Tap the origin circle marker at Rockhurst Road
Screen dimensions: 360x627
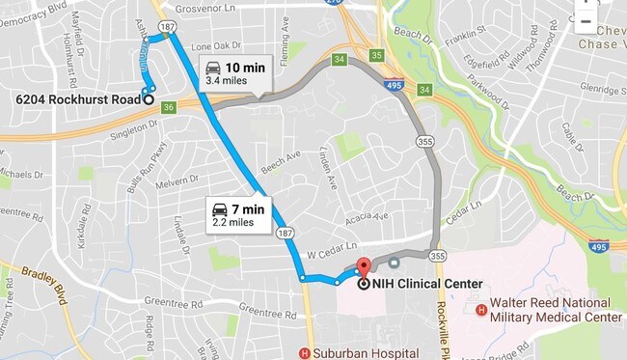pos(149,98)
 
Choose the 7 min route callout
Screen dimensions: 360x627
pos(237,213)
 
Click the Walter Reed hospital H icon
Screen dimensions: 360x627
pos(481,310)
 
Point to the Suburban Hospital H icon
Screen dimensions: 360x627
pos(306,352)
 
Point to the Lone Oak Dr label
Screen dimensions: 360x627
pos(215,45)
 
